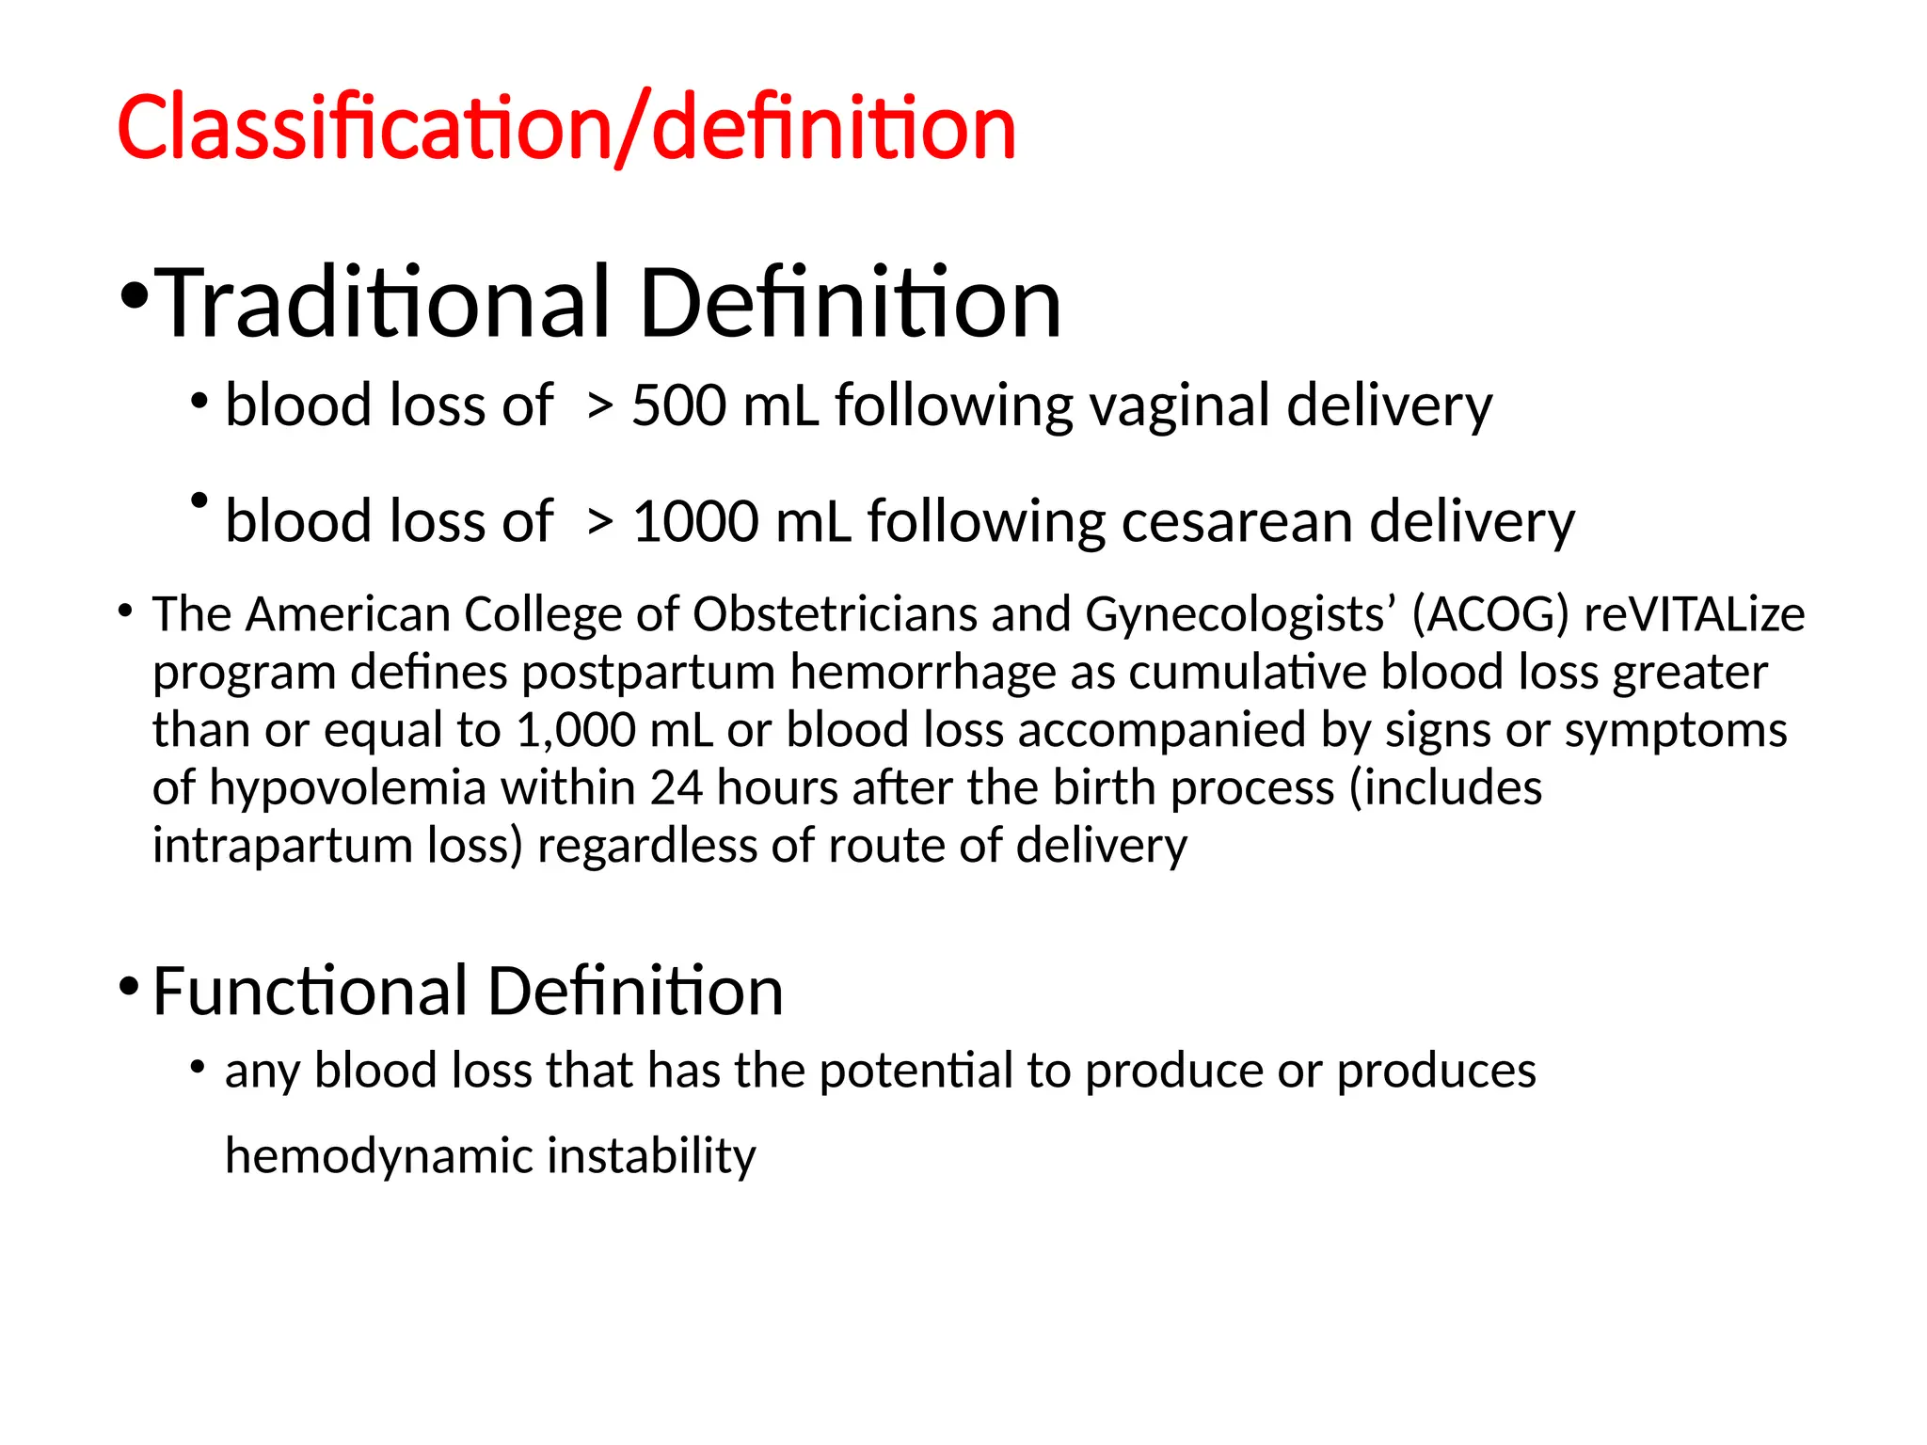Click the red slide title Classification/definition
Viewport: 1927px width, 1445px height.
tap(566, 128)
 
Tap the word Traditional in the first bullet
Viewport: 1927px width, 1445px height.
tap(382, 303)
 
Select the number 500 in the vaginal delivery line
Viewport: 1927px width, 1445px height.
tap(678, 406)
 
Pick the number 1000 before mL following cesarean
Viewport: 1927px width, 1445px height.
tap(695, 522)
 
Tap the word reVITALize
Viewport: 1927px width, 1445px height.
tap(1695, 614)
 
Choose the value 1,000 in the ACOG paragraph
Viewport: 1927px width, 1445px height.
tap(575, 731)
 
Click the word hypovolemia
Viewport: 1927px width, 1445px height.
tap(347, 788)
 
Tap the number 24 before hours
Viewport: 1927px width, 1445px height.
tap(676, 788)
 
